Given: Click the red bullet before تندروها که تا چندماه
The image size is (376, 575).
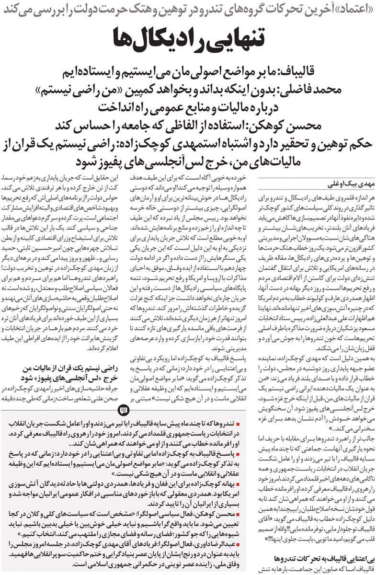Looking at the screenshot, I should click(x=244, y=425).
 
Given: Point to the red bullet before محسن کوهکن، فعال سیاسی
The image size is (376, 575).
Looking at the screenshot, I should click(x=244, y=513).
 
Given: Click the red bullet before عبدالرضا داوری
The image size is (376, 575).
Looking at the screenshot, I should click(x=244, y=545).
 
